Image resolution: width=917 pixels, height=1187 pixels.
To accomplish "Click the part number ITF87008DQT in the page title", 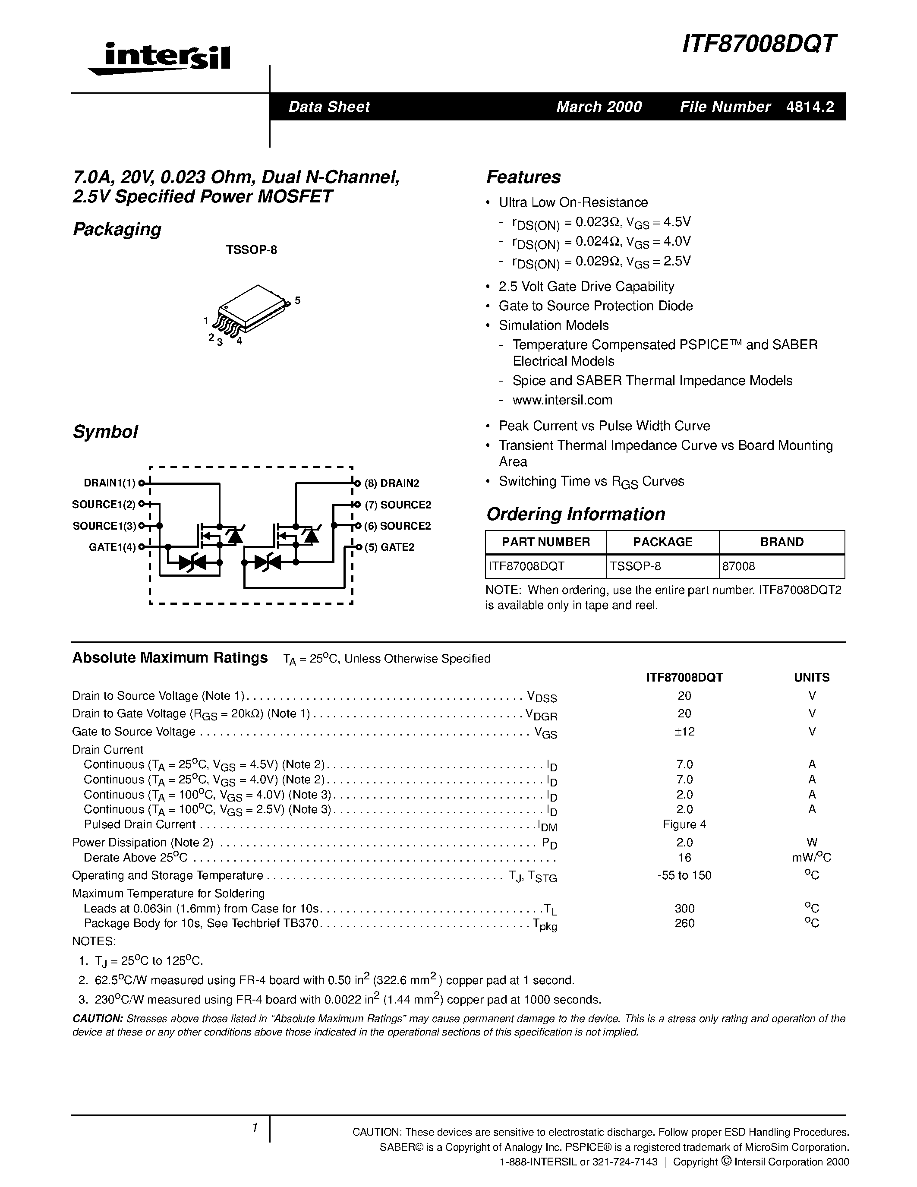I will pyautogui.click(x=759, y=44).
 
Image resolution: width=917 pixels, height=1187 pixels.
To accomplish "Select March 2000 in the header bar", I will pyautogui.click(x=599, y=107).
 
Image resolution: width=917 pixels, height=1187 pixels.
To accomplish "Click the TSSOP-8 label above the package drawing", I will pyautogui.click(x=251, y=250).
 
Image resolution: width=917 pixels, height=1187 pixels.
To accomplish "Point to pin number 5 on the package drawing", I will pyautogui.click(x=297, y=300).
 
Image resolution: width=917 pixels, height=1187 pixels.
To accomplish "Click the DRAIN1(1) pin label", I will pyautogui.click(x=109, y=483).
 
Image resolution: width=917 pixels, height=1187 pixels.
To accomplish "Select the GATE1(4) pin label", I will pyautogui.click(x=112, y=547).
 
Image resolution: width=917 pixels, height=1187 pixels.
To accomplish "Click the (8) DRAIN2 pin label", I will pyautogui.click(x=392, y=483).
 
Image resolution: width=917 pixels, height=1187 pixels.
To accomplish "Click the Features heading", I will pyautogui.click(x=523, y=177).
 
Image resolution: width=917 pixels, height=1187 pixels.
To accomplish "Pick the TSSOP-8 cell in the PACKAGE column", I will pyautogui.click(x=635, y=566).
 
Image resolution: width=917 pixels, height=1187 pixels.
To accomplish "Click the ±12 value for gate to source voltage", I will pyautogui.click(x=684, y=732).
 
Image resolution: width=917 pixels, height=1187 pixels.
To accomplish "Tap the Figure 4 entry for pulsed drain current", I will pyautogui.click(x=684, y=824).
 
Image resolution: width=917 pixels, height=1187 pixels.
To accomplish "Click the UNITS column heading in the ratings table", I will pyautogui.click(x=812, y=677).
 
